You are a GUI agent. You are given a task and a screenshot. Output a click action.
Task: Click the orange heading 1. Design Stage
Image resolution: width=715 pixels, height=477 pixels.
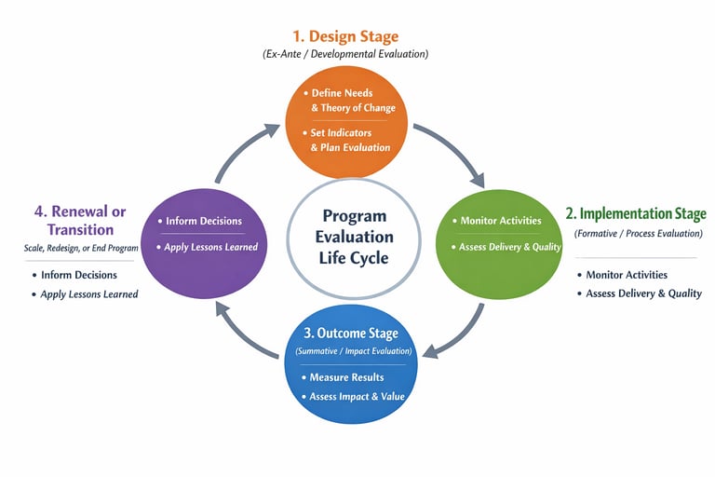[345, 36]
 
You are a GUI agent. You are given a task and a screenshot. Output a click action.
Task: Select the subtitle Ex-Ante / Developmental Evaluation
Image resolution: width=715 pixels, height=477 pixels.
[345, 55]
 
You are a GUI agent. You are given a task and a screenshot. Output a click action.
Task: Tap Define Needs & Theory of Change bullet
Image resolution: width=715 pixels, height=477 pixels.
[350, 101]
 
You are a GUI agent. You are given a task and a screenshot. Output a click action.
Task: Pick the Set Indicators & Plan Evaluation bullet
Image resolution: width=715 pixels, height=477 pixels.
[350, 140]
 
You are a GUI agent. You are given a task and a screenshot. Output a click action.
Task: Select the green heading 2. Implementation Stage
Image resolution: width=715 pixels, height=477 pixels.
[637, 214]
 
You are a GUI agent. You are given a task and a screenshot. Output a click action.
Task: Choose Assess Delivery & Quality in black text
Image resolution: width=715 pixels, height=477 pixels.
[642, 293]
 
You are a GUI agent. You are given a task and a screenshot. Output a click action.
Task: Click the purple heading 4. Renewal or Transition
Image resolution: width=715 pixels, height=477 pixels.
[80, 220]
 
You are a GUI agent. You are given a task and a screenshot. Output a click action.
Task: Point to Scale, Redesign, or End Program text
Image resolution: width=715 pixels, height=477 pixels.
[81, 249]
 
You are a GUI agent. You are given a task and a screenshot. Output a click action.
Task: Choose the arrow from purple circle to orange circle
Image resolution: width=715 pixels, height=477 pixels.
[244, 149]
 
